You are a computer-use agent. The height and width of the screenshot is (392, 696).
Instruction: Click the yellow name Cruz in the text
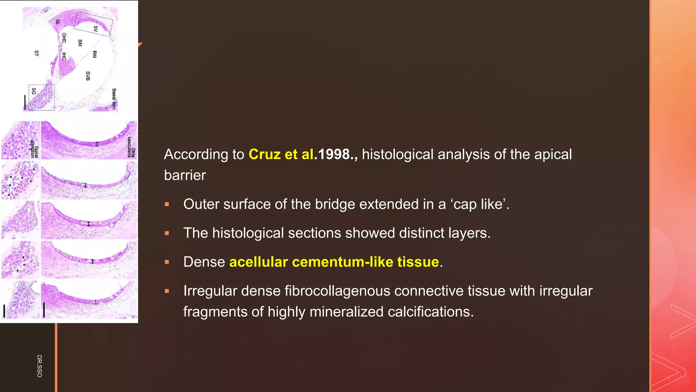click(264, 154)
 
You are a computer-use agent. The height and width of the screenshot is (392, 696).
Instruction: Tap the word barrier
click(185, 175)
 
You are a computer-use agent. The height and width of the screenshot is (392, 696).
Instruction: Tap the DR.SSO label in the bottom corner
click(39, 366)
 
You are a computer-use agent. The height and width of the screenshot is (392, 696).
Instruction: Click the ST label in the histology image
click(37, 53)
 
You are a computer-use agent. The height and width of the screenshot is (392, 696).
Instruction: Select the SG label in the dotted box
click(34, 91)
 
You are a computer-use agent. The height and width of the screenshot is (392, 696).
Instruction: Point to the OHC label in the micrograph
click(64, 38)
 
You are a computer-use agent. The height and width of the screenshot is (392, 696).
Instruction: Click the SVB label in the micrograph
click(88, 76)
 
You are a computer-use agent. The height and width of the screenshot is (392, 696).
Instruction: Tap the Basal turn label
click(114, 99)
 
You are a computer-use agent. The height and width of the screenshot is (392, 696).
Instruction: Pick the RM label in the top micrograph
click(95, 54)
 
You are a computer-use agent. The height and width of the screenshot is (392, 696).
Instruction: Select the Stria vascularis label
click(131, 147)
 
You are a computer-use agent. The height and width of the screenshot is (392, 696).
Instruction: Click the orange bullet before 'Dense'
click(167, 262)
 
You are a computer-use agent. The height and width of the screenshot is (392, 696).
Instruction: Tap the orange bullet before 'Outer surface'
click(167, 204)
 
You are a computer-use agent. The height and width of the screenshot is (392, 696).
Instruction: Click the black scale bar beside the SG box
click(25, 102)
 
